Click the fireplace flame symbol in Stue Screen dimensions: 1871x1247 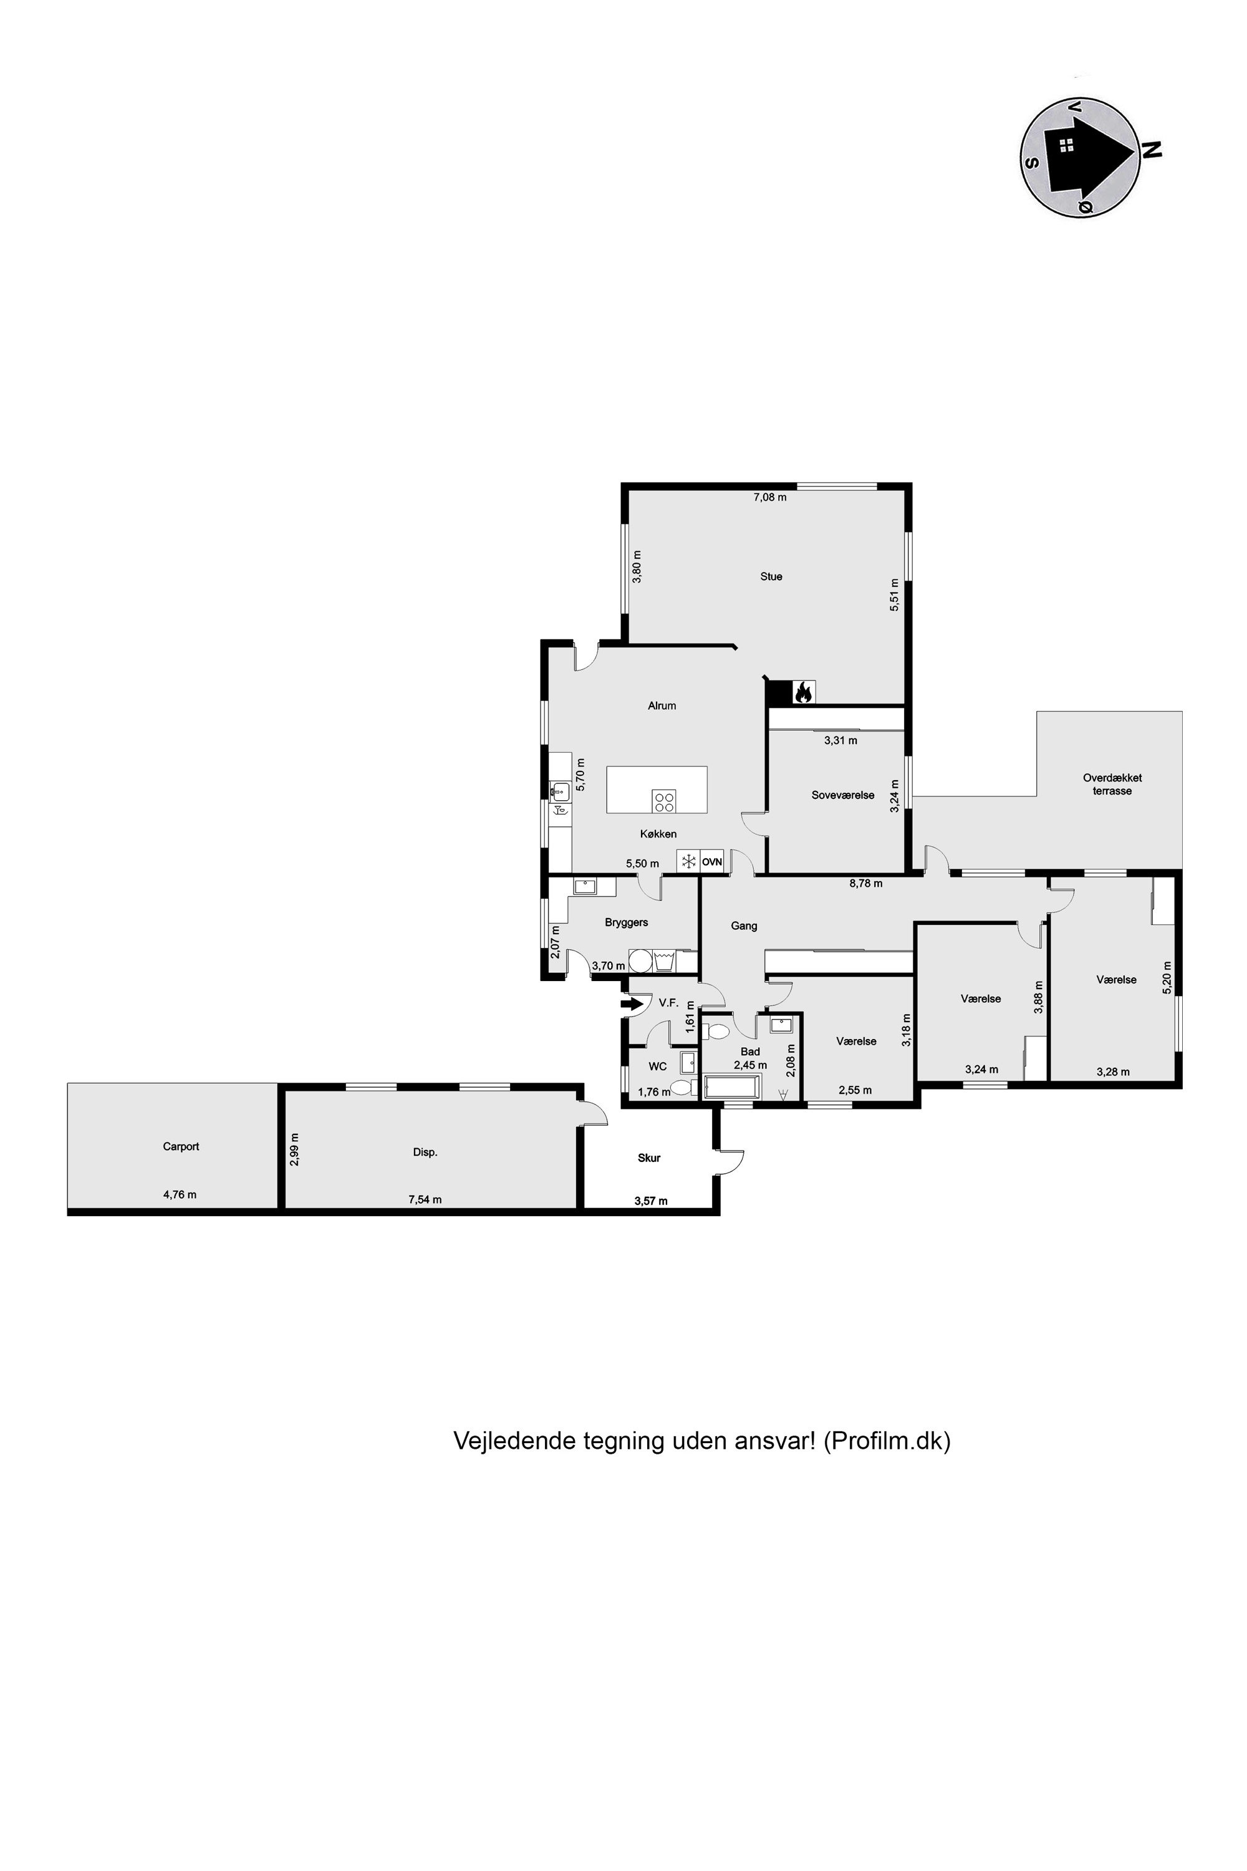[x=803, y=692]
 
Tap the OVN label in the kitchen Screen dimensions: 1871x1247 [x=712, y=861]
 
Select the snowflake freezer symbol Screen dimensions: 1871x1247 [x=688, y=861]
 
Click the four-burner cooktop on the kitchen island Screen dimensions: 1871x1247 [x=664, y=801]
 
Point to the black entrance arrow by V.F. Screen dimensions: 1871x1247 [x=632, y=1005]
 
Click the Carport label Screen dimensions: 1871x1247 [x=181, y=1146]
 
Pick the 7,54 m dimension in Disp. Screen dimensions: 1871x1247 [x=425, y=1199]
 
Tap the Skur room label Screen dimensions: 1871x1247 [x=649, y=1158]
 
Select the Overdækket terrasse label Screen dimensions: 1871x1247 [x=1112, y=785]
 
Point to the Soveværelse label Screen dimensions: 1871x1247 [x=843, y=795]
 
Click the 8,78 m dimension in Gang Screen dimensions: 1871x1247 [x=865, y=883]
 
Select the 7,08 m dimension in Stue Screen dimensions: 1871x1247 [x=770, y=498]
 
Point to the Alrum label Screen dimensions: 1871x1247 [x=662, y=705]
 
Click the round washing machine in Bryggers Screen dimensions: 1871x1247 [x=640, y=961]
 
